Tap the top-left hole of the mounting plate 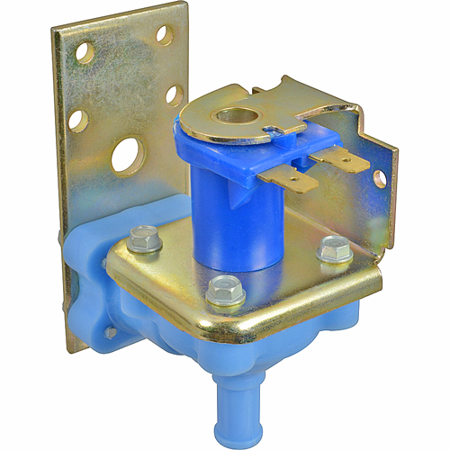point(86,51)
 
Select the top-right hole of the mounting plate point(163,34)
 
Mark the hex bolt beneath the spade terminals point(334,248)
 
